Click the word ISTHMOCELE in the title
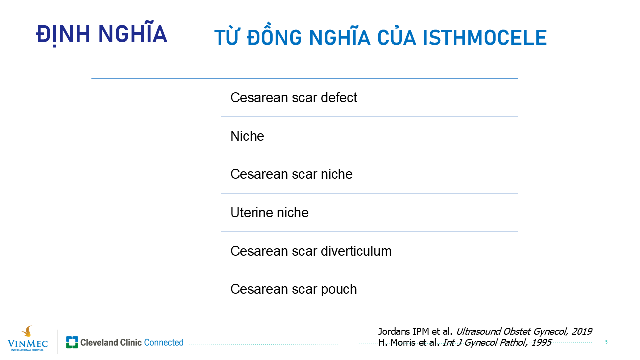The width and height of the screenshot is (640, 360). point(484,37)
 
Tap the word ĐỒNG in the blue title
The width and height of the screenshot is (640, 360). point(274,35)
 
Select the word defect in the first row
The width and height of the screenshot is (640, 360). point(339,97)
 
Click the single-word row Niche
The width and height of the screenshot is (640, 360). point(247,136)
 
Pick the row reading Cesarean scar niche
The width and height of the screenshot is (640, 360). point(291,174)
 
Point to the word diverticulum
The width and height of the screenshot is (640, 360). point(356,251)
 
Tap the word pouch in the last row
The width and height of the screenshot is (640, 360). point(339,289)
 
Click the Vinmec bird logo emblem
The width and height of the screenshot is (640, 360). point(27,331)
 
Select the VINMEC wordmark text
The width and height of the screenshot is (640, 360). point(27,343)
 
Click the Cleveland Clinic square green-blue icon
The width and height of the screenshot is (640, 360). point(72,342)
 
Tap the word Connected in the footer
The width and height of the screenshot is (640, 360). point(164,342)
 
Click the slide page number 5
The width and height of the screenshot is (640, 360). point(606,342)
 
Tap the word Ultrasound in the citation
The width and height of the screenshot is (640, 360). point(478,331)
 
